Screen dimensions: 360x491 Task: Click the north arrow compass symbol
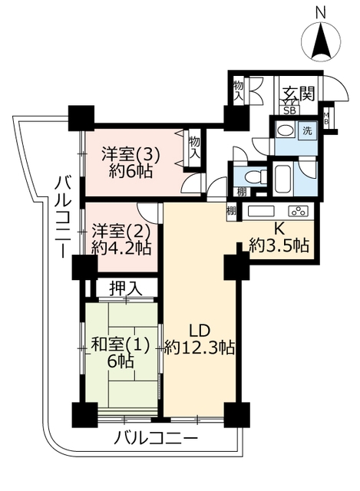click(321, 41)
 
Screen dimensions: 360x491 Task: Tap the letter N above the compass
click(321, 13)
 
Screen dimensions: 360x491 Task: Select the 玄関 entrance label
click(299, 93)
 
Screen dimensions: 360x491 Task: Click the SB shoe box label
click(289, 110)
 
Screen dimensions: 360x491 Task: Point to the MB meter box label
click(326, 118)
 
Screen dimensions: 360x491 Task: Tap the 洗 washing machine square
click(307, 131)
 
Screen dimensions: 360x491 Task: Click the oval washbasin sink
click(286, 130)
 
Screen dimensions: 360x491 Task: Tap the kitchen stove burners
click(299, 211)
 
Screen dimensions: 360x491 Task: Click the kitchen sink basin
click(261, 212)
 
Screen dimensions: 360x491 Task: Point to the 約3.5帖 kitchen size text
click(279, 245)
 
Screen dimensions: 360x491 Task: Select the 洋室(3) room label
click(130, 155)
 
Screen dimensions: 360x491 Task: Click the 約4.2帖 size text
click(121, 249)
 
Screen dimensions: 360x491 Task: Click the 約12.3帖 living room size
click(200, 347)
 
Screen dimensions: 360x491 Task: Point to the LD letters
click(200, 330)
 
